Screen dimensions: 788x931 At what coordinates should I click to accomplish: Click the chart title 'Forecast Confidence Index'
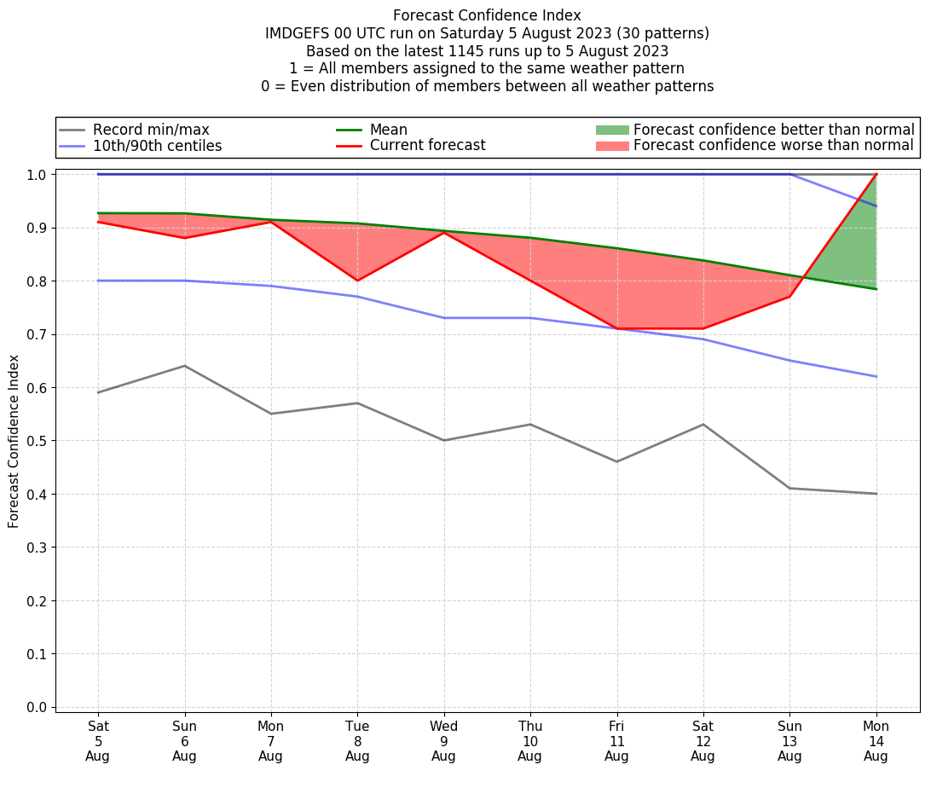tap(487, 15)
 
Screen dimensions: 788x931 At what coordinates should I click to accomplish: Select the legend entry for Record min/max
tap(151, 130)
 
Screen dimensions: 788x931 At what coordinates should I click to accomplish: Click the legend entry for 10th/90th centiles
tap(157, 146)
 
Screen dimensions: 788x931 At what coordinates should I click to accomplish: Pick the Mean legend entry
tap(388, 130)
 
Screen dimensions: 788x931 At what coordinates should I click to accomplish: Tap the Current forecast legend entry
tap(427, 146)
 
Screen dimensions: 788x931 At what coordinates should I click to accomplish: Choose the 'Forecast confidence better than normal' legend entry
tap(773, 130)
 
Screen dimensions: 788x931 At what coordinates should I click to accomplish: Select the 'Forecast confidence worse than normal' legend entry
tap(773, 146)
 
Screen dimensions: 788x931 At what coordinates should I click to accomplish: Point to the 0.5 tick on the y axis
tap(37, 441)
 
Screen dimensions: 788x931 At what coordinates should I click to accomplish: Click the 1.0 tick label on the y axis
tap(37, 175)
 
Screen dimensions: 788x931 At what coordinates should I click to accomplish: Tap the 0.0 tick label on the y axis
tap(37, 707)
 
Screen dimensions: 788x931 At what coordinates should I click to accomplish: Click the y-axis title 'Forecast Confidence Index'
tap(14, 441)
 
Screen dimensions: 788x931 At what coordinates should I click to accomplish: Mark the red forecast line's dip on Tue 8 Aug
tap(357, 281)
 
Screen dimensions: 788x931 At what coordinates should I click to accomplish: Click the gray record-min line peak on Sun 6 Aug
tap(184, 366)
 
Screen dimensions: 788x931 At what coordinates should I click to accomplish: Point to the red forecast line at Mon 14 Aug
tap(876, 175)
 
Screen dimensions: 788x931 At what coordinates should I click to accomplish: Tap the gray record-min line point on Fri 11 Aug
tap(616, 461)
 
